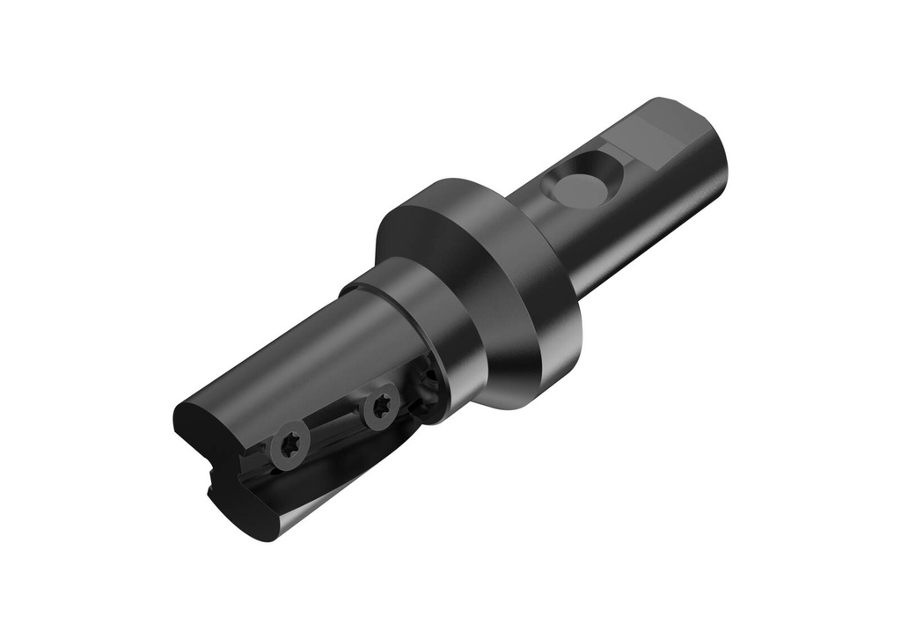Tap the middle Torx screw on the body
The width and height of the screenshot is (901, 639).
(380, 407)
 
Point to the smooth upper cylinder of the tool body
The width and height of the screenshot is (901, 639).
(282, 361)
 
